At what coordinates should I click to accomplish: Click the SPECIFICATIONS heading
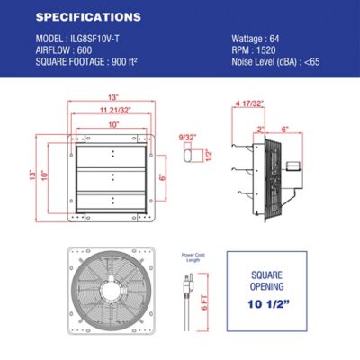tap(86, 16)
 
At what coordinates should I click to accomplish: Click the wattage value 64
tap(281, 39)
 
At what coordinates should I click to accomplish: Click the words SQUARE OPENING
tap(279, 279)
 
